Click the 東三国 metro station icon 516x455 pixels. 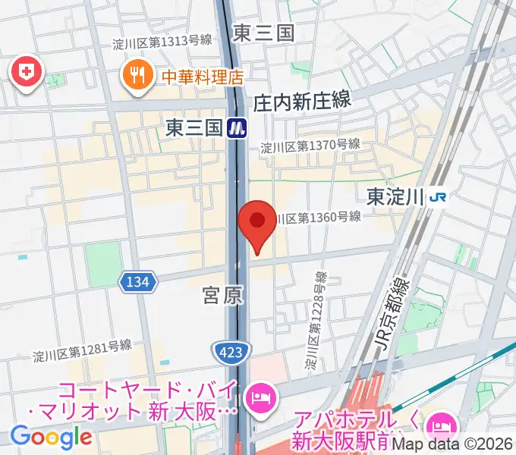point(238,127)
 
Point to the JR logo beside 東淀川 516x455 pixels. point(438,196)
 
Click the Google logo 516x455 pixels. point(51,437)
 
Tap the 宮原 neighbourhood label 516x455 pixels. point(223,296)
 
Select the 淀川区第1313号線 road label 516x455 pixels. point(161,42)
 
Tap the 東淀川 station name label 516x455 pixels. point(395,196)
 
